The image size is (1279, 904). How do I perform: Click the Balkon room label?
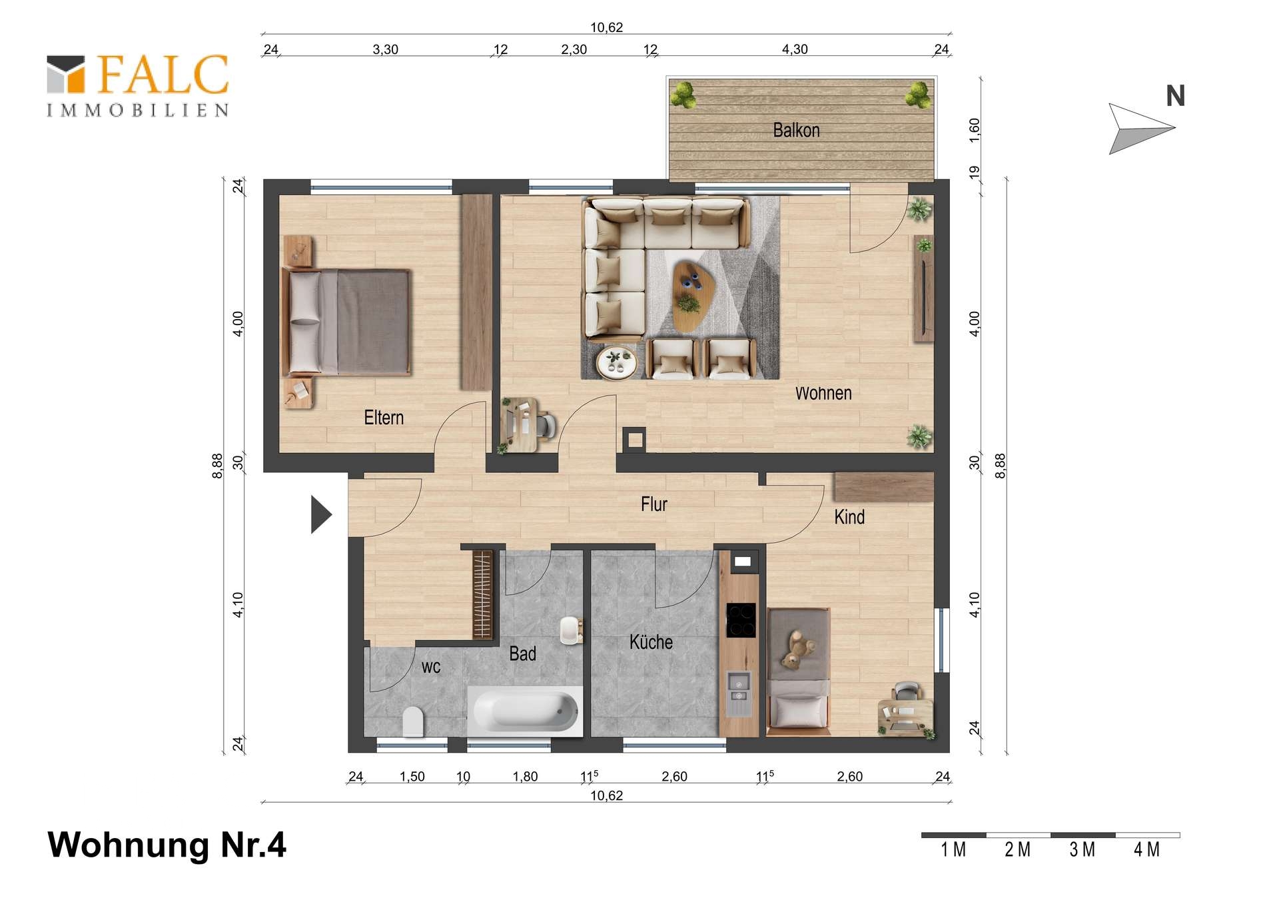coord(796,130)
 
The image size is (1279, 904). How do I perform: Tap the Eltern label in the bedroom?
coord(384,418)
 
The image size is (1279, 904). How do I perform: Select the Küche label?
coord(651,642)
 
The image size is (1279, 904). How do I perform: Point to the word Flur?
coord(653,504)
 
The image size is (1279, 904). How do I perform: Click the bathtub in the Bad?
coord(526,711)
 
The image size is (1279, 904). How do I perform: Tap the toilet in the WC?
coord(414,721)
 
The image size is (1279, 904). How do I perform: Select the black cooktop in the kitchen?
coord(741,620)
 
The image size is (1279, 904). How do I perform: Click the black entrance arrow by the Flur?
coord(321,514)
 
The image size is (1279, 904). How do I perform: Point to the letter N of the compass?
coord(1176,97)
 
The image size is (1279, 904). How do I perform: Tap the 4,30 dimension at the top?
coord(795,49)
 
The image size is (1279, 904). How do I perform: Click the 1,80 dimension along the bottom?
coord(525,776)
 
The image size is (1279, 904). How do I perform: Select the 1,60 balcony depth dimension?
coord(975,130)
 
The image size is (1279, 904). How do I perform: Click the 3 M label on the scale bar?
coord(1082,850)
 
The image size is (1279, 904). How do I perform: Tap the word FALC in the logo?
coord(163,74)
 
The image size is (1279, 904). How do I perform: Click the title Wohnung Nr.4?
coord(167,845)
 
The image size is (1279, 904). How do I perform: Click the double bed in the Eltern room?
coord(346,322)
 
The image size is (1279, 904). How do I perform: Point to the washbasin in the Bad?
coord(570,630)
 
